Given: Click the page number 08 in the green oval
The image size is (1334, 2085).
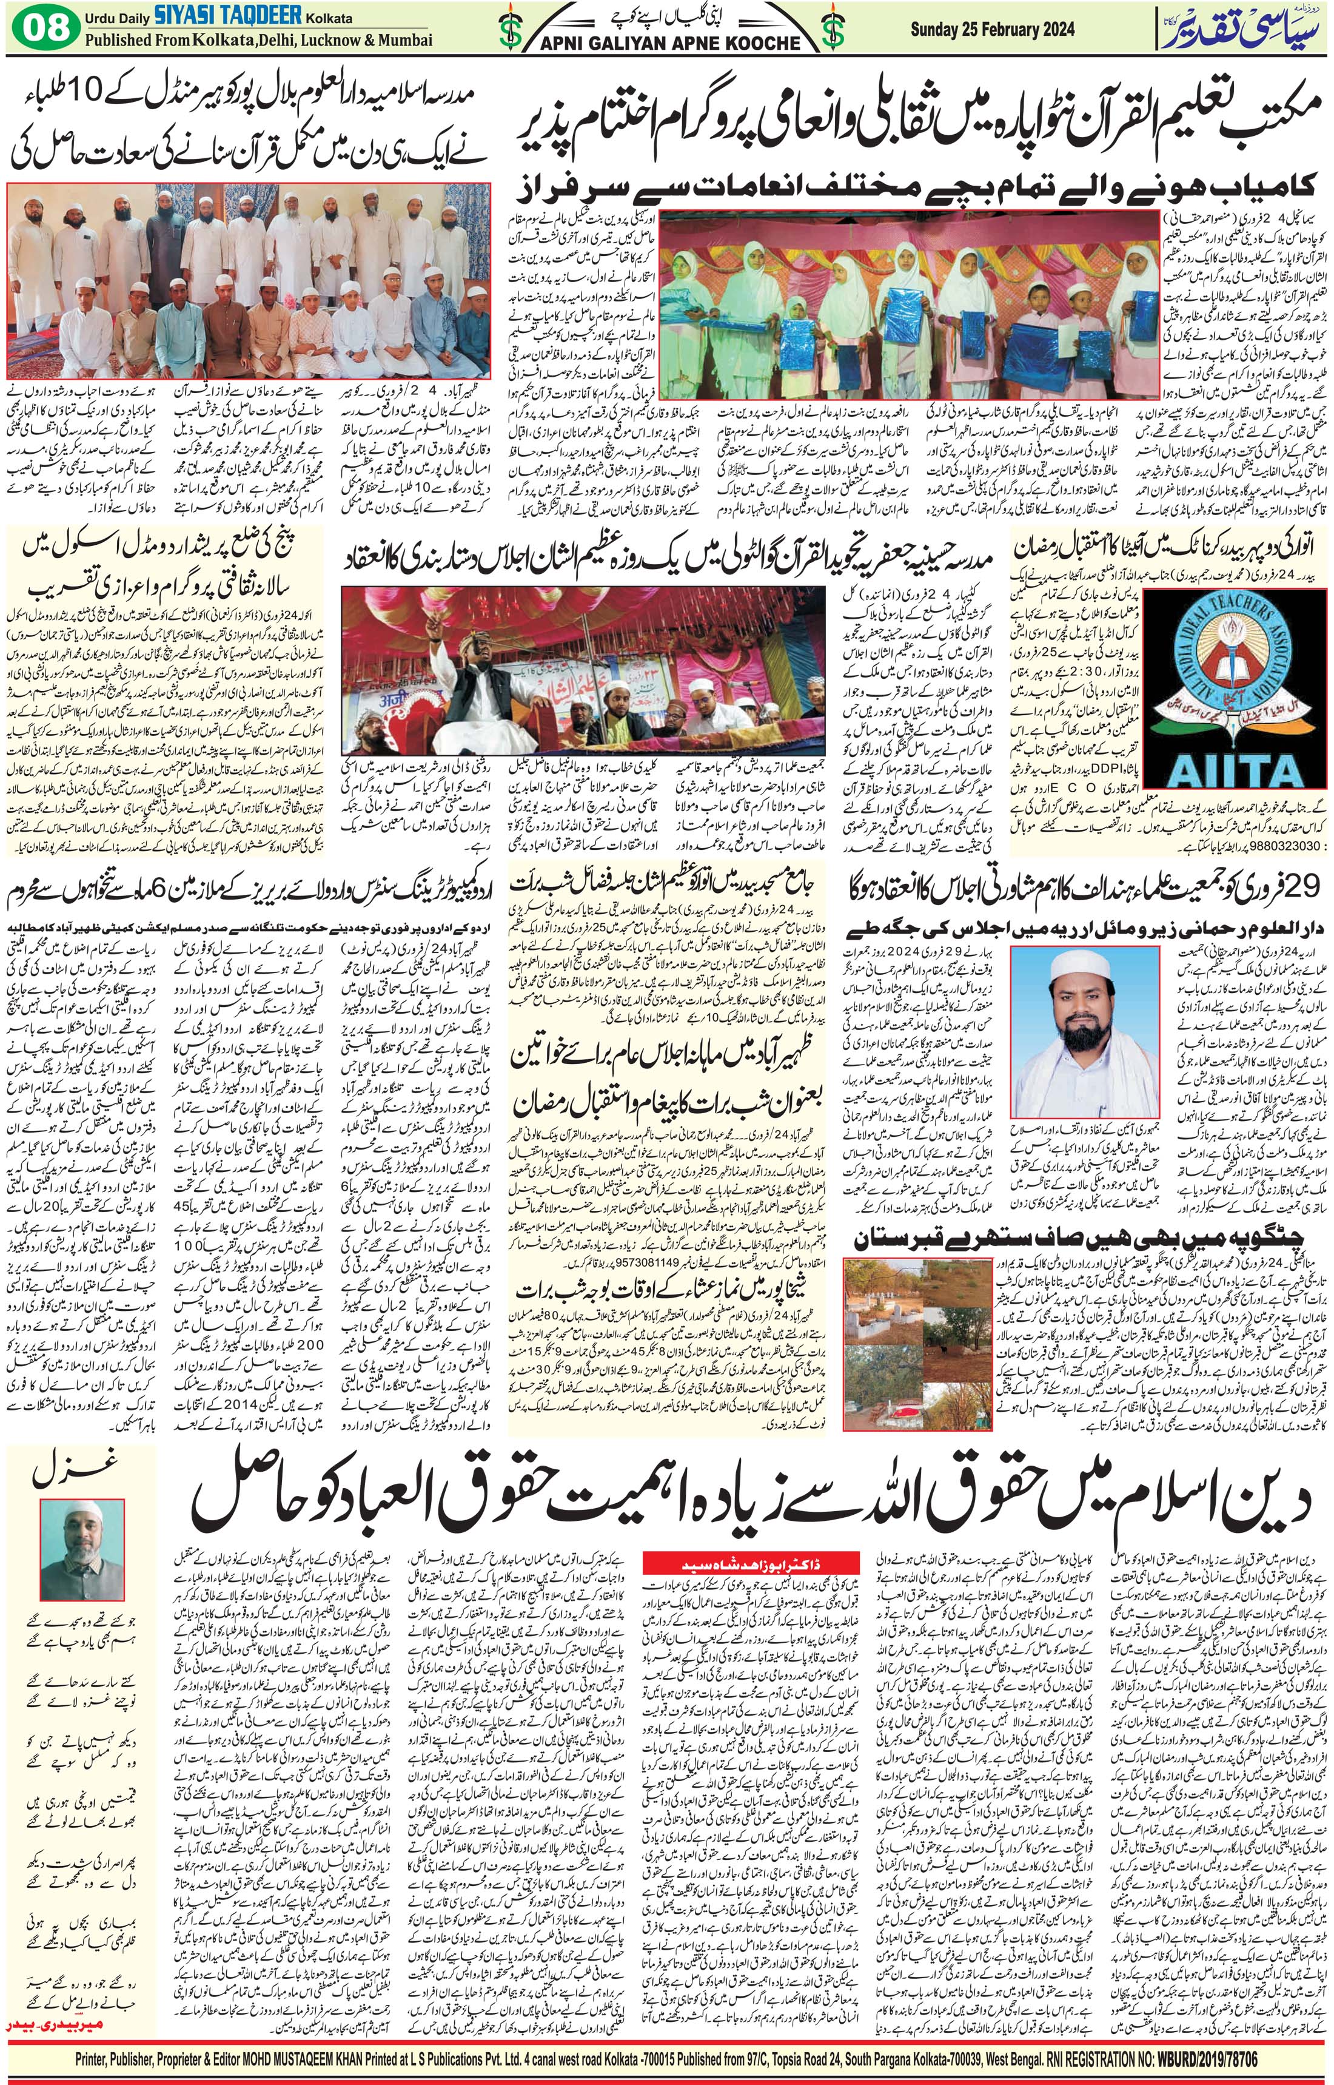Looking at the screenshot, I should tap(45, 28).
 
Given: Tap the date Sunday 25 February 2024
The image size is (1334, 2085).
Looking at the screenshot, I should tap(992, 29).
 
